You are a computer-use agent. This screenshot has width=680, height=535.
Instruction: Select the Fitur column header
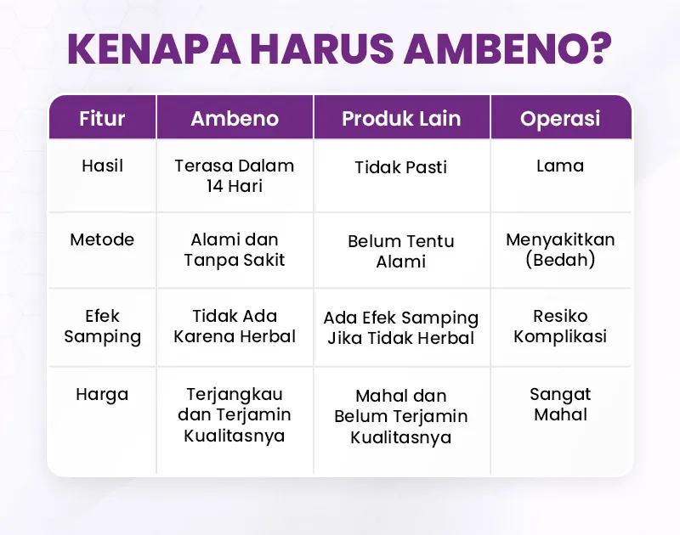(102, 118)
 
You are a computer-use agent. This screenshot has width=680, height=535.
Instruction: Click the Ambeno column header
(235, 118)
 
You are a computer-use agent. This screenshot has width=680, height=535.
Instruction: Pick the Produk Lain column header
(401, 118)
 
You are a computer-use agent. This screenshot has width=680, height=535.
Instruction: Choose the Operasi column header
(560, 119)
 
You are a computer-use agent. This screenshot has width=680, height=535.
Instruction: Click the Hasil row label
(102, 166)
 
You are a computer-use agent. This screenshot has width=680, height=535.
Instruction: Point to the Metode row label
(102, 239)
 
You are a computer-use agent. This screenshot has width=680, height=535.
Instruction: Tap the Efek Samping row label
(102, 327)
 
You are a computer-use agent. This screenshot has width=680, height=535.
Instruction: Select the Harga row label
(102, 395)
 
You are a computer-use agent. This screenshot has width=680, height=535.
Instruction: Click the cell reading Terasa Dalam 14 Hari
(235, 176)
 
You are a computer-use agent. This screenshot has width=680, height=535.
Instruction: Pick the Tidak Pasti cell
(400, 167)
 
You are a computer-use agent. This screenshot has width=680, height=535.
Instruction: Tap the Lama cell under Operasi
(560, 166)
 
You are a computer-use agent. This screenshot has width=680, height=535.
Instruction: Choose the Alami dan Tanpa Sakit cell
(235, 250)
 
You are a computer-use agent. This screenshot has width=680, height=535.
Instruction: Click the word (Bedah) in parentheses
(560, 260)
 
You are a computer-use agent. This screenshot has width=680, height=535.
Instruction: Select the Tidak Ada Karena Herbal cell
(235, 326)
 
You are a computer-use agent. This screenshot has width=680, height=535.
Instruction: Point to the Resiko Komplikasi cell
(560, 326)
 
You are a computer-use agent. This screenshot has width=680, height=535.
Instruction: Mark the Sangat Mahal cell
(560, 404)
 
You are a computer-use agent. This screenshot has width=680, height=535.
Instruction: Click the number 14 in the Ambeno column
(215, 186)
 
